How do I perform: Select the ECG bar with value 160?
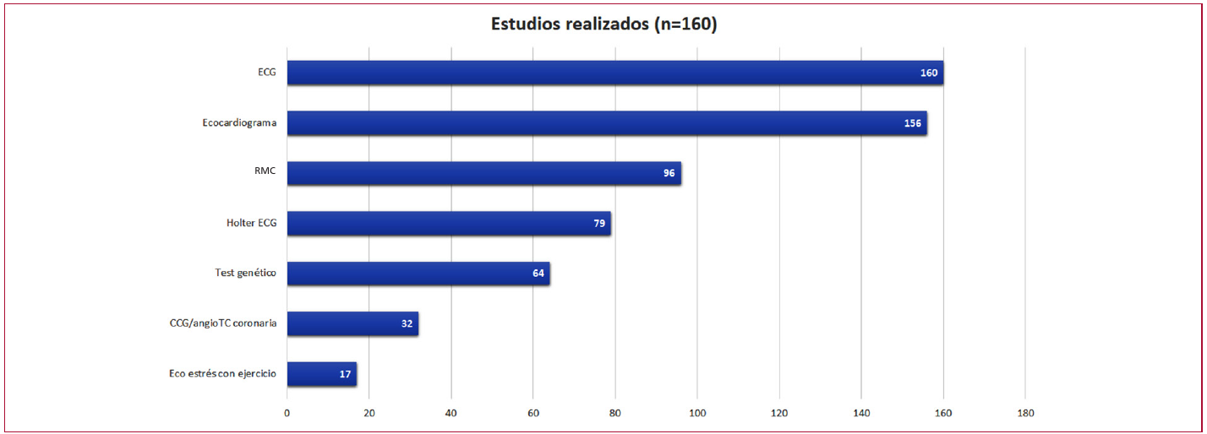coord(615,73)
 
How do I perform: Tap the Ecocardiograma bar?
coord(607,123)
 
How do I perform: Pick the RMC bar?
coord(483,173)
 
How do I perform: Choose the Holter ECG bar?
coord(449,224)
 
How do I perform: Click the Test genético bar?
coord(418,274)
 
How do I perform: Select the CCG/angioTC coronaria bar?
coord(353,323)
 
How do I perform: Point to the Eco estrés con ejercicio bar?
coord(322,374)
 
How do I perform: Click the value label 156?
coord(912,123)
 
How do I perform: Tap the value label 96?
coord(669,173)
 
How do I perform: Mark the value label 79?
coord(599,224)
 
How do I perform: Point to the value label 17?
coord(345,374)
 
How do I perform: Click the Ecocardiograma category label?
coord(239,122)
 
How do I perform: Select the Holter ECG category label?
coord(252,223)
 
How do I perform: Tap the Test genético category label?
coord(246,273)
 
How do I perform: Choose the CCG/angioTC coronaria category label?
coord(223,323)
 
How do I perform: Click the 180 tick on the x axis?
coord(1025,413)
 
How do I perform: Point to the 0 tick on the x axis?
coord(287,413)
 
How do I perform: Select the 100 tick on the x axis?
coord(697,413)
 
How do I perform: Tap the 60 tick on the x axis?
coord(532,413)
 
